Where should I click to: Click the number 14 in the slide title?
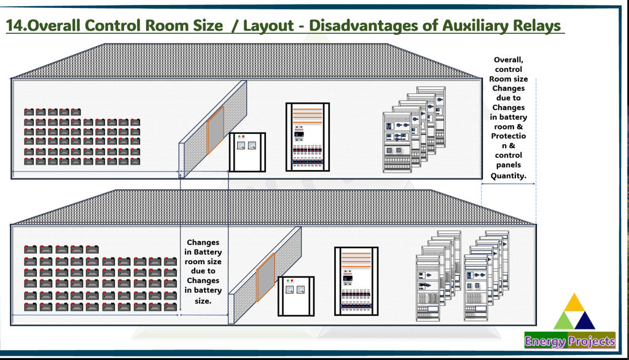tap(16, 25)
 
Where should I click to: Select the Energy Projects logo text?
tap(569, 341)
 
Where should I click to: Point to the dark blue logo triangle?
tap(585, 320)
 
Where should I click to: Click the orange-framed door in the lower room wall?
tap(265, 278)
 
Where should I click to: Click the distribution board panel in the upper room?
tap(307, 136)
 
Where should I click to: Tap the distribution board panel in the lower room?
tap(356, 281)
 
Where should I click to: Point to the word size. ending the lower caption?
tap(203, 300)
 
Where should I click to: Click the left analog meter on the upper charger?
tap(240, 146)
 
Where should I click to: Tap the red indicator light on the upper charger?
tap(244, 136)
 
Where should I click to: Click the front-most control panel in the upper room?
tap(397, 142)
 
